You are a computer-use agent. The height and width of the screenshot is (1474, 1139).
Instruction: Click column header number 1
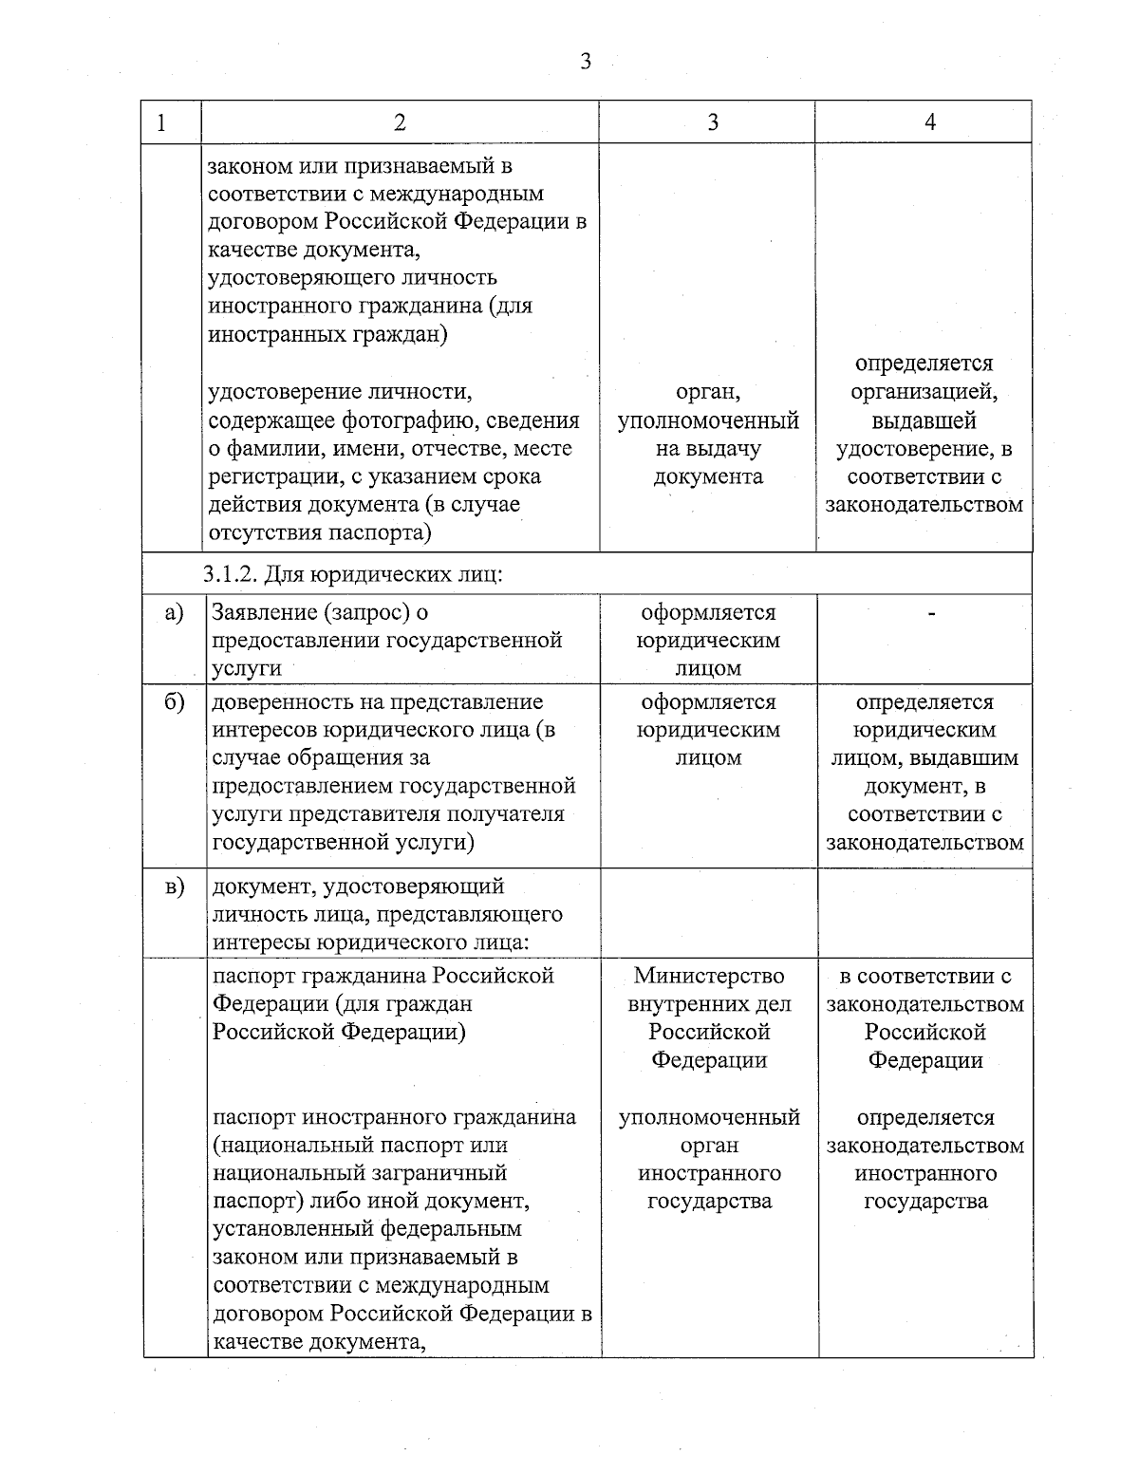pyautogui.click(x=161, y=122)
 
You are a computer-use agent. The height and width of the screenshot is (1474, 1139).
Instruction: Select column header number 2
pyautogui.click(x=400, y=122)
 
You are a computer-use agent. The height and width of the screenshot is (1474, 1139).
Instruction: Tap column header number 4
pyautogui.click(x=930, y=122)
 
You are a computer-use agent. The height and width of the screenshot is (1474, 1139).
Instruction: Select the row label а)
pyautogui.click(x=174, y=613)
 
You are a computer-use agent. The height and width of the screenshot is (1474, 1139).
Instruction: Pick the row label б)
pyautogui.click(x=174, y=703)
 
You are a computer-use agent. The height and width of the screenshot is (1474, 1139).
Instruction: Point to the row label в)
pyautogui.click(x=174, y=887)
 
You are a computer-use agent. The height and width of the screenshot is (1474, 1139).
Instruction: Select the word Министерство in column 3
pyautogui.click(x=709, y=976)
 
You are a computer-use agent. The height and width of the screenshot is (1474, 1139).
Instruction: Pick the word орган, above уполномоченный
pyautogui.click(x=708, y=392)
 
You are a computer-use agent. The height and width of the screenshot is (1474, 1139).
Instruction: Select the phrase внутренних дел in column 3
pyautogui.click(x=709, y=1004)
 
